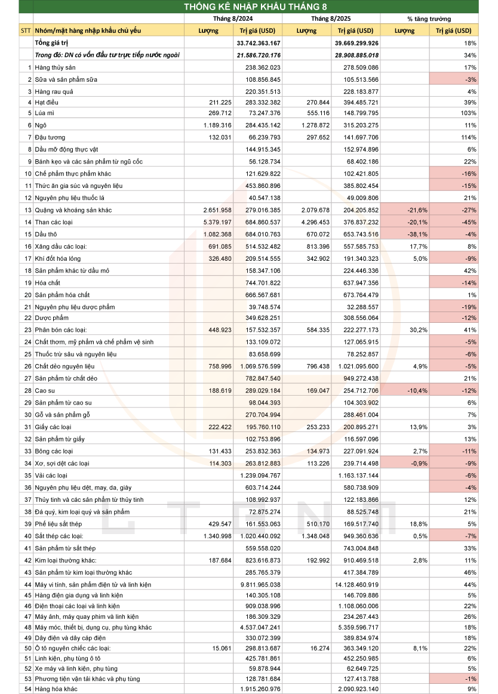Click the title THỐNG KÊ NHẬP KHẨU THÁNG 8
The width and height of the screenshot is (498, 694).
click(x=255, y=7)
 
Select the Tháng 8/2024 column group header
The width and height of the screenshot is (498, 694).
click(x=233, y=18)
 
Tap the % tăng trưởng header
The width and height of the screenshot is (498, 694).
click(x=429, y=19)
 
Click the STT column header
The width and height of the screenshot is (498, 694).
click(x=26, y=30)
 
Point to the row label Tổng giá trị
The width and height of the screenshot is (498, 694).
click(x=51, y=43)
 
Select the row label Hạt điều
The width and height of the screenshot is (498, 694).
click(x=47, y=102)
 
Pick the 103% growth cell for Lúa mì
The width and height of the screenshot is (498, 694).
click(x=468, y=113)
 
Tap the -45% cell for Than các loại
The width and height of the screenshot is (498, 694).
click(x=469, y=222)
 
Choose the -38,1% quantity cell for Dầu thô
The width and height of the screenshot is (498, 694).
click(x=418, y=234)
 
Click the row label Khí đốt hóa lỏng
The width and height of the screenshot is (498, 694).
click(x=57, y=258)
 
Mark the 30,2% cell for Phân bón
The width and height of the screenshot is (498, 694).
click(x=418, y=330)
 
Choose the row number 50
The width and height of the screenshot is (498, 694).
click(x=28, y=648)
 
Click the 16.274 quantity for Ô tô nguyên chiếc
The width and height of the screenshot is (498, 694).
click(x=320, y=648)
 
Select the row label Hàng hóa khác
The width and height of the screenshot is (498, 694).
click(x=56, y=689)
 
